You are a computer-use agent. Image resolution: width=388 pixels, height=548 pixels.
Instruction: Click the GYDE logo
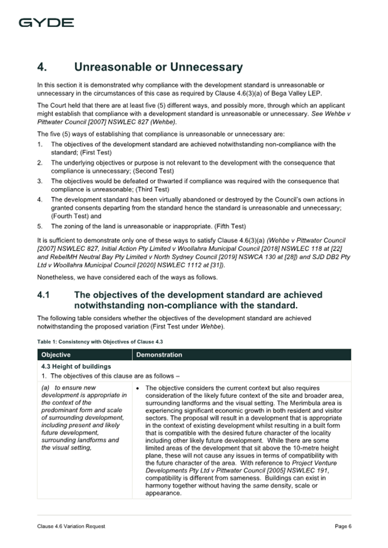[x=46, y=23]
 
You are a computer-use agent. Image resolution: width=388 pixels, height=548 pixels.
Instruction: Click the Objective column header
[x=56, y=355]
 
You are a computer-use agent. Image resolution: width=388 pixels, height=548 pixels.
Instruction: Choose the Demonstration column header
[x=159, y=355]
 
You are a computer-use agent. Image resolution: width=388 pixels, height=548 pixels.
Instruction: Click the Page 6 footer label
[x=343, y=526]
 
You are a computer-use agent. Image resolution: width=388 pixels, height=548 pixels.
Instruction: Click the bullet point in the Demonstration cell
[x=140, y=388]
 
